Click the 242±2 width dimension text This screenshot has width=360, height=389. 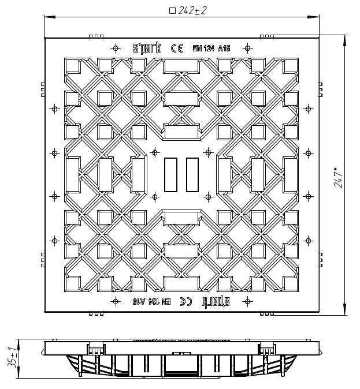point(192,10)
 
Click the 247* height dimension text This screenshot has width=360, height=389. point(339,178)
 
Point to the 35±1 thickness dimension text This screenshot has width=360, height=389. point(12,358)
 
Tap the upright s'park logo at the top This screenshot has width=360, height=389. point(147,48)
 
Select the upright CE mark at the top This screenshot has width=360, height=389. point(177,48)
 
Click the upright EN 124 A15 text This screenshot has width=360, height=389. point(211,48)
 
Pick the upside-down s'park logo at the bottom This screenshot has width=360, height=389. point(216,301)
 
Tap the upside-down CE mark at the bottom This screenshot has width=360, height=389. point(186,301)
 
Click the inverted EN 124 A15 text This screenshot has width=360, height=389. point(151,301)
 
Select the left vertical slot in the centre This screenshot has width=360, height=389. point(170,175)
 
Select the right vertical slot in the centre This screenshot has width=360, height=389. point(192,175)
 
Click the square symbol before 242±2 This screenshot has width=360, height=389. point(172,11)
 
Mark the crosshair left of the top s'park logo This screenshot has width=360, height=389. point(116,48)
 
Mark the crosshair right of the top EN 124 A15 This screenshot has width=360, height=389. point(247,48)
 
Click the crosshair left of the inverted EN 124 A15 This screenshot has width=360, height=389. point(116,301)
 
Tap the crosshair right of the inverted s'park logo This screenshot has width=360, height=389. point(247,301)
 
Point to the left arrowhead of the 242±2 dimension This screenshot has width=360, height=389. point(50,17)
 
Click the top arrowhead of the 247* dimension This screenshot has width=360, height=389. point(345,40)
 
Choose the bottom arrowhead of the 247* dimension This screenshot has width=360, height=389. point(345,309)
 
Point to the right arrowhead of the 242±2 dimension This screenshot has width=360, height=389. point(314,17)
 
